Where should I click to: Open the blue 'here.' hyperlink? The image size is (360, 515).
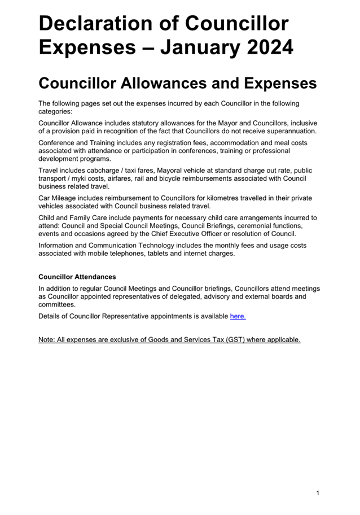pos(238,316)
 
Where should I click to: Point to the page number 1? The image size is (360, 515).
pos(318,493)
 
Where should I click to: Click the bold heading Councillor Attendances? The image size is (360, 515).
pos(77,277)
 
